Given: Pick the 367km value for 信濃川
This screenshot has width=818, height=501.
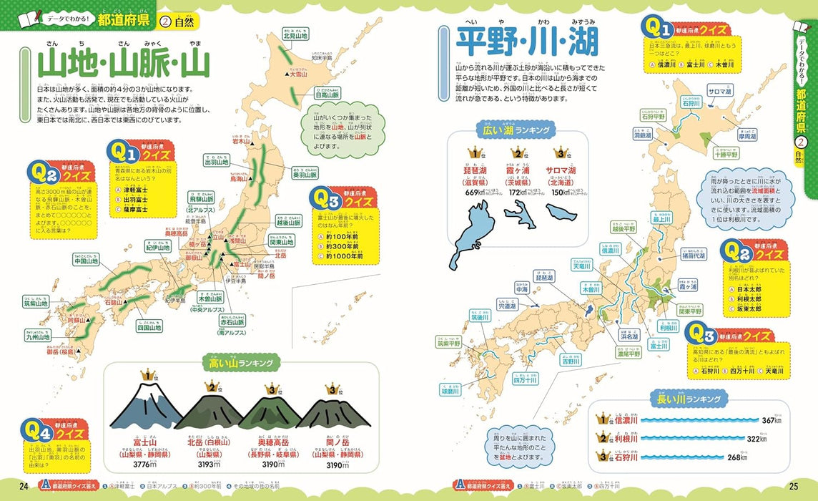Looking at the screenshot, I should (767, 420).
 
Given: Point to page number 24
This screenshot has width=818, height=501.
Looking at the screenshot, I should (24, 487).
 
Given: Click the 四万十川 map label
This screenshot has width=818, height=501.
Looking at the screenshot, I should (525, 380).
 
